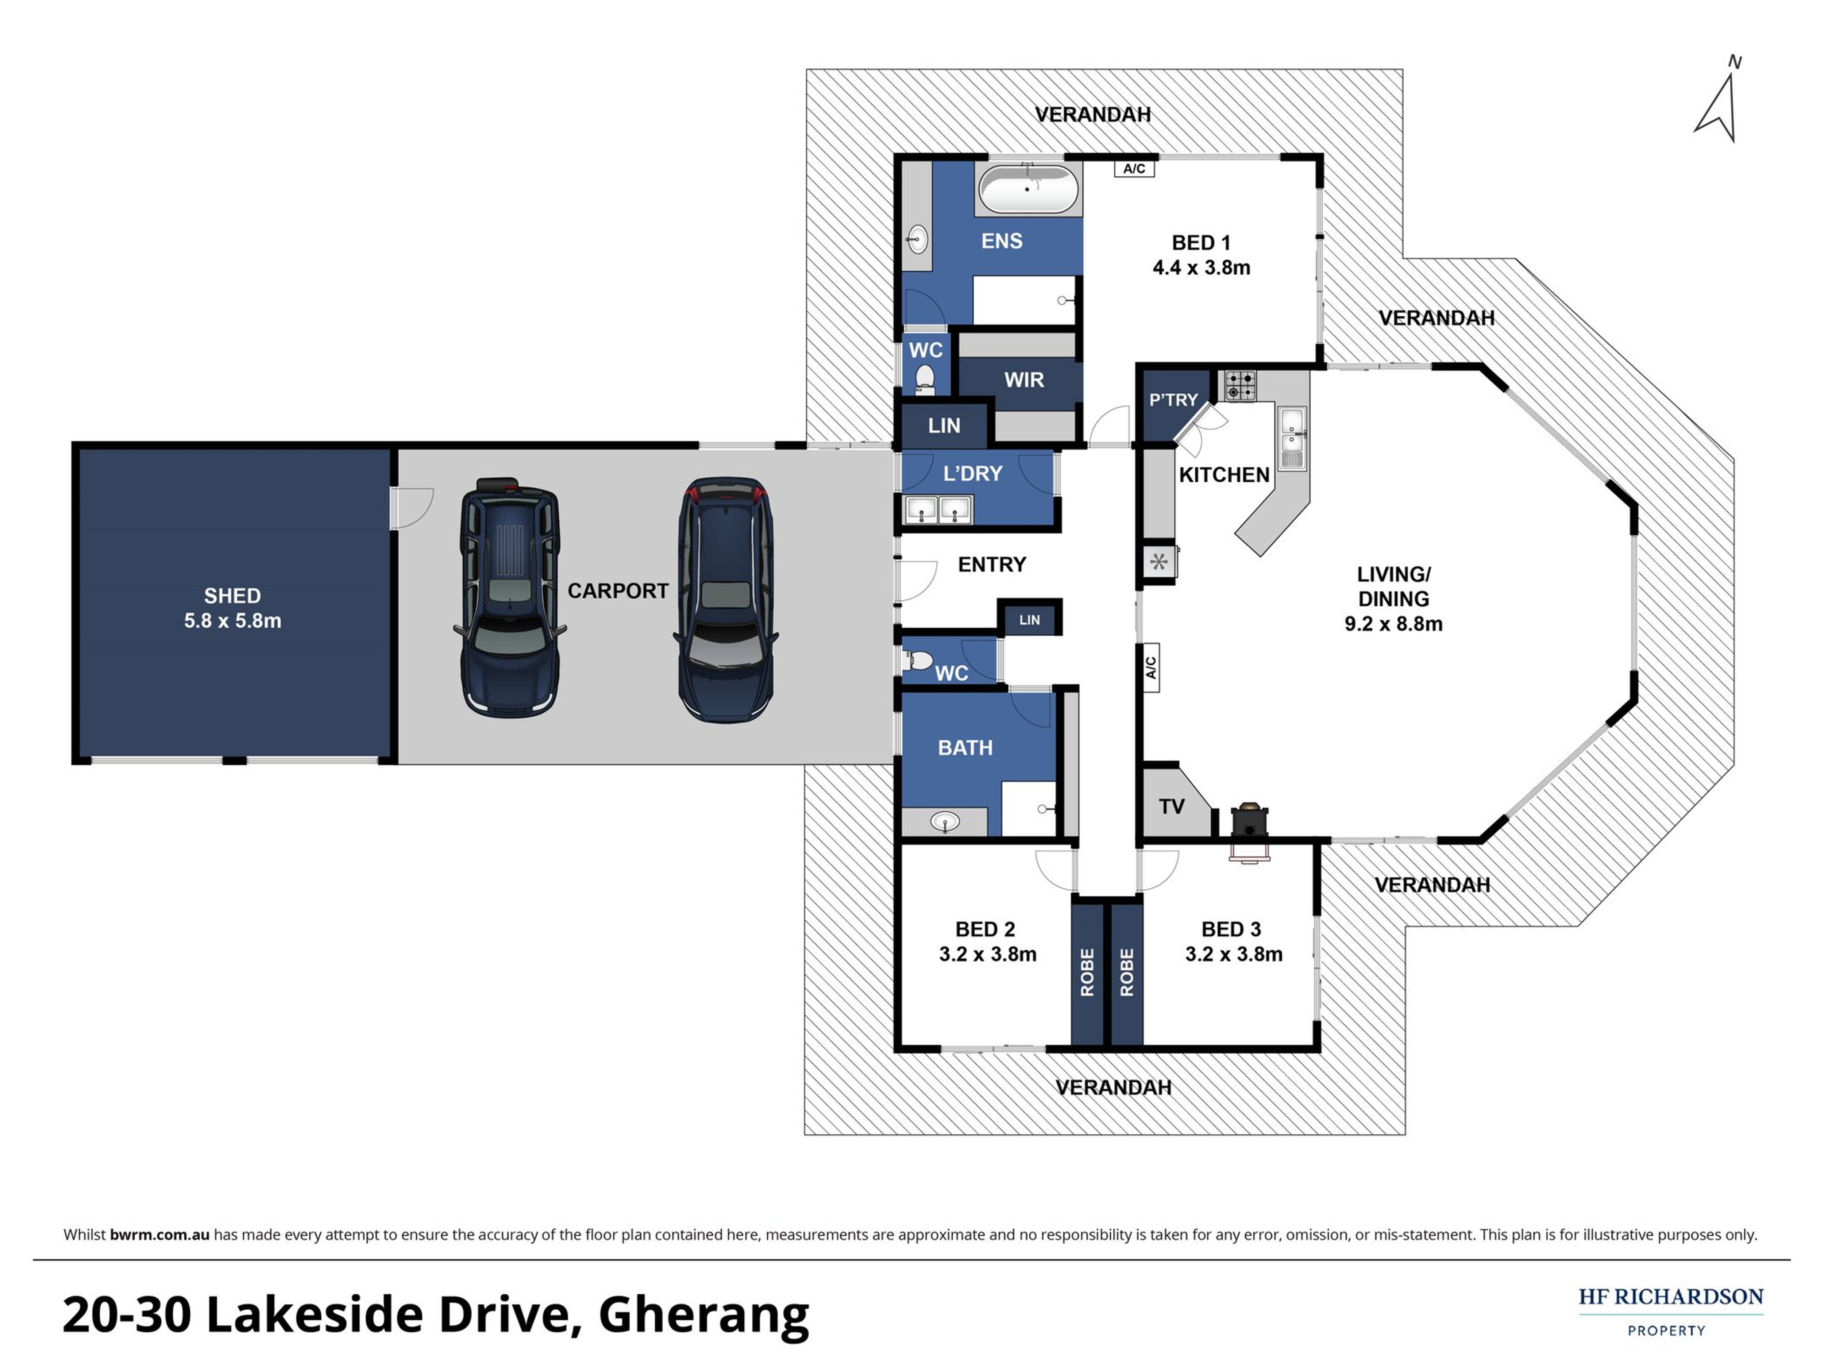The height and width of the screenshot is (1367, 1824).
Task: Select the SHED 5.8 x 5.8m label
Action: [232, 608]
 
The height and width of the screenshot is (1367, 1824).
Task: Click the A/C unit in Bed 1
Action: [1134, 168]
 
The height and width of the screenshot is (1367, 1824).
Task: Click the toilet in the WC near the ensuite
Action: [925, 378]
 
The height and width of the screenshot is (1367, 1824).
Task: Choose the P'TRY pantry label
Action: [1173, 400]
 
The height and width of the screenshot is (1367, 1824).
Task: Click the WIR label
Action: [1024, 380]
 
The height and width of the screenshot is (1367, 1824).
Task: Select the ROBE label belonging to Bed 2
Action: [1087, 972]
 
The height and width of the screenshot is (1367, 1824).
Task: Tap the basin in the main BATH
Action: [945, 821]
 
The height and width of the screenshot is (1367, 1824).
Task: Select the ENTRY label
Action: [992, 565]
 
